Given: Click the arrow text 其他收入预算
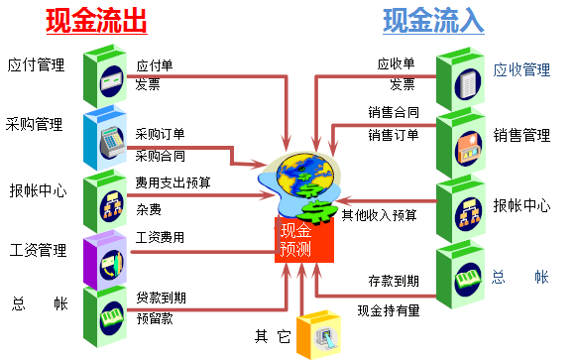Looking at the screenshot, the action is pos(380,213).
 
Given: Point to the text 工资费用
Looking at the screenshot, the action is pos(160,237).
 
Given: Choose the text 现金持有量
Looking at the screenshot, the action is pos(389,309).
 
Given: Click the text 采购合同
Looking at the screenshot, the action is pos(160,156).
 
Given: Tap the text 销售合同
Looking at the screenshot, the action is pos(394,112).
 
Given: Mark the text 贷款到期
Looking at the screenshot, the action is pos(160,297).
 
